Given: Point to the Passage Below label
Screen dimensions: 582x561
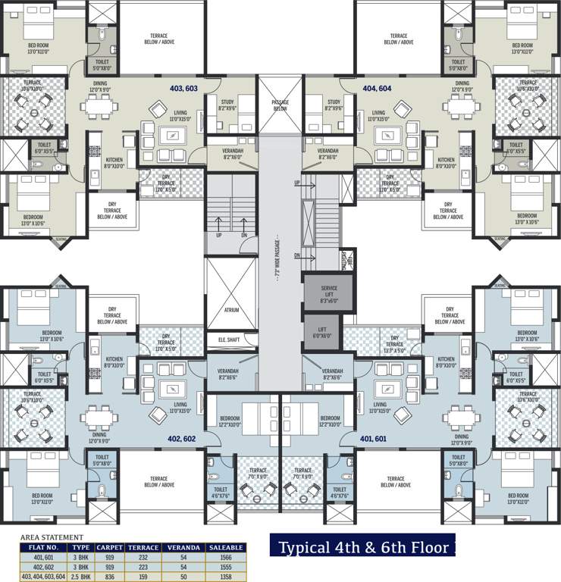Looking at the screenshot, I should pos(280,106).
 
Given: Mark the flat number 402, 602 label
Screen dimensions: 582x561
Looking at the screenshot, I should pos(183,438).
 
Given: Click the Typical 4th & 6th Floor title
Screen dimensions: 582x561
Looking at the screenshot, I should pos(363,547).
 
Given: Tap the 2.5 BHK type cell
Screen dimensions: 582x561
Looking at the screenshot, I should pos(80,576).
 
